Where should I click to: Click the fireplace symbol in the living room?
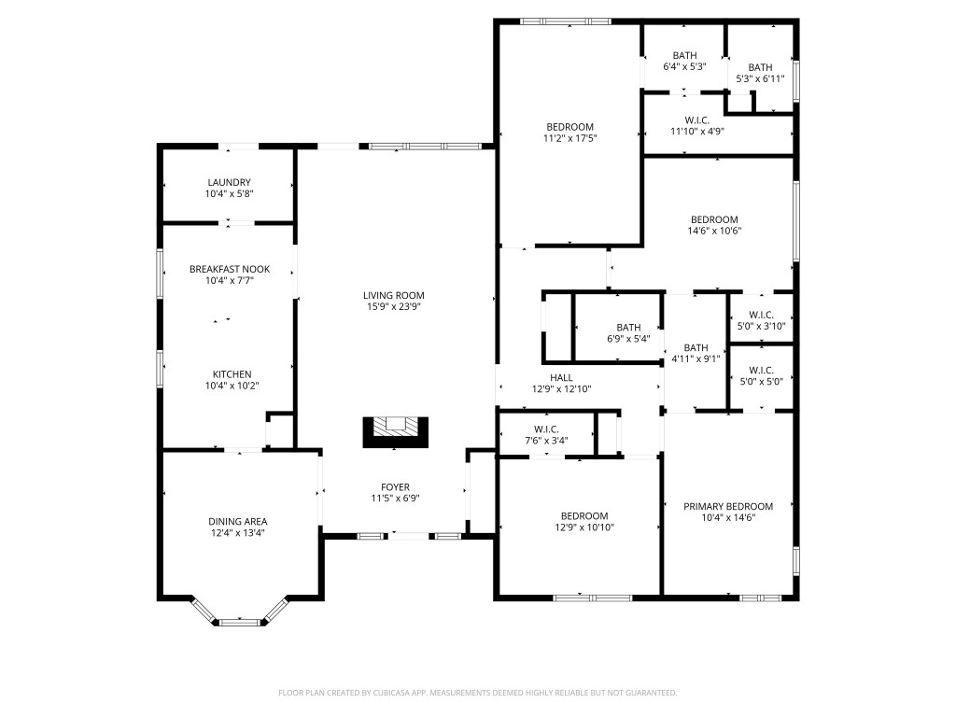coord(396,430)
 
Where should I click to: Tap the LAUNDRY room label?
coord(229,182)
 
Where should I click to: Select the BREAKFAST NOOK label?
coord(229,269)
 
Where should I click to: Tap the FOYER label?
coord(394,486)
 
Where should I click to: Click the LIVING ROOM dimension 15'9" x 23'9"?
coord(394,307)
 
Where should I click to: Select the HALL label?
coord(561,377)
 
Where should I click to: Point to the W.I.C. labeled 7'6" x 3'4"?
coord(547,436)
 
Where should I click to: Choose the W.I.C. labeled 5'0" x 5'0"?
coord(761,375)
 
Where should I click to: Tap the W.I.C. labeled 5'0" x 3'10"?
coord(761,320)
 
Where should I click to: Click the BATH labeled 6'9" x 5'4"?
coord(627,333)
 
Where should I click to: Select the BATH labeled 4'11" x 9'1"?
coord(696,353)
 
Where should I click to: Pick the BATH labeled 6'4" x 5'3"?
coord(684,62)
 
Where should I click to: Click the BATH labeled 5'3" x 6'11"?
coord(760,73)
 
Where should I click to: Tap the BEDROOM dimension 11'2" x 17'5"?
coord(569,138)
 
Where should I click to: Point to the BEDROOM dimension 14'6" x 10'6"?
coord(714,232)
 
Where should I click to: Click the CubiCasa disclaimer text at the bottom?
coord(477,693)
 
